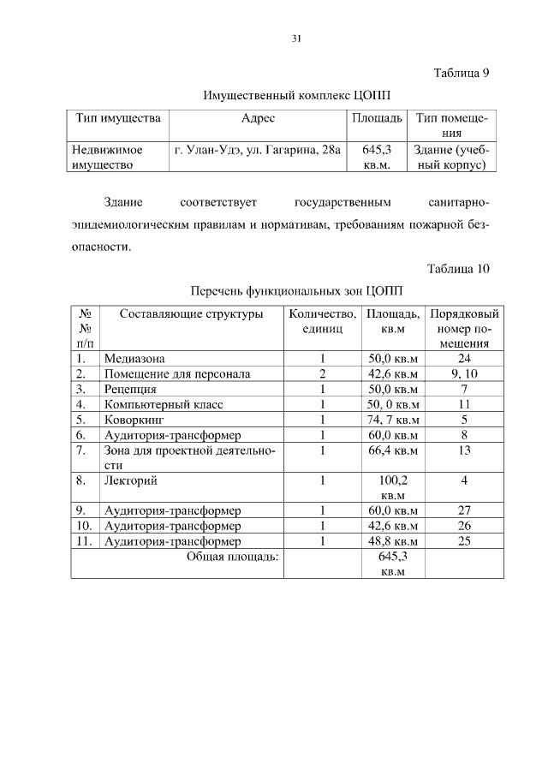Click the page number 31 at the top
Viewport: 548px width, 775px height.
pos(297,39)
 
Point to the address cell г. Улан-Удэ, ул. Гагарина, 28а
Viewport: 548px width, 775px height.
pos(258,149)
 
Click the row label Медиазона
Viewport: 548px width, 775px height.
pos(134,359)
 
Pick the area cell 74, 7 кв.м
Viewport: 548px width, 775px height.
pos(392,420)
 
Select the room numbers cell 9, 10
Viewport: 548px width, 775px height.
pos(463,374)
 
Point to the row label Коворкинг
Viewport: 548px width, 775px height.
pos(134,420)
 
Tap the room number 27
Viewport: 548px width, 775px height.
pos(463,510)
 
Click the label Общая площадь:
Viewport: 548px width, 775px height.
pos(233,557)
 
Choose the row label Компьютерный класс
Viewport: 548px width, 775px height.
pos(162,404)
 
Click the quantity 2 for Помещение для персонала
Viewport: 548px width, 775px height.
pos(322,374)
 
